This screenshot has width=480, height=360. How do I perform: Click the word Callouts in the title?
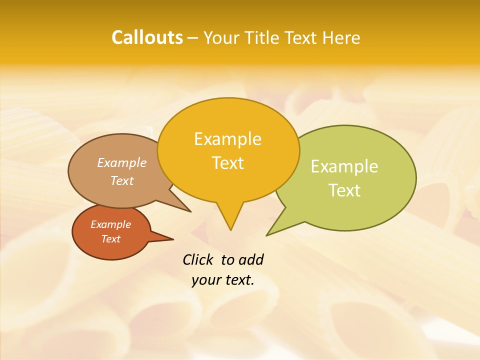(x=147, y=37)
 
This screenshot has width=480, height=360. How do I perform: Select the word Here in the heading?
(x=341, y=37)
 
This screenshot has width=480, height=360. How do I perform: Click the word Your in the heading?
(x=222, y=37)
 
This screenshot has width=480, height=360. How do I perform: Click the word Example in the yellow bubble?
(x=227, y=139)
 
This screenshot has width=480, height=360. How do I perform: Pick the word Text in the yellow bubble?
(x=227, y=163)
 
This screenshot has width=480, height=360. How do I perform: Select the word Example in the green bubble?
(x=344, y=166)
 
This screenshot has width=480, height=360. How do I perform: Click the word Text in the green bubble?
(x=344, y=190)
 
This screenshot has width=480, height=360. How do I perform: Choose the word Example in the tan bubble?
(x=121, y=162)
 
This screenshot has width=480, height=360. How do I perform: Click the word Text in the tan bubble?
(x=121, y=180)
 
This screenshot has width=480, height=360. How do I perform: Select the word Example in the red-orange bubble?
(x=110, y=224)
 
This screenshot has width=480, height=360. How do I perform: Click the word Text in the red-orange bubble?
(x=110, y=239)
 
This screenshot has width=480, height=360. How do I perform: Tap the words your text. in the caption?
(x=223, y=280)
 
